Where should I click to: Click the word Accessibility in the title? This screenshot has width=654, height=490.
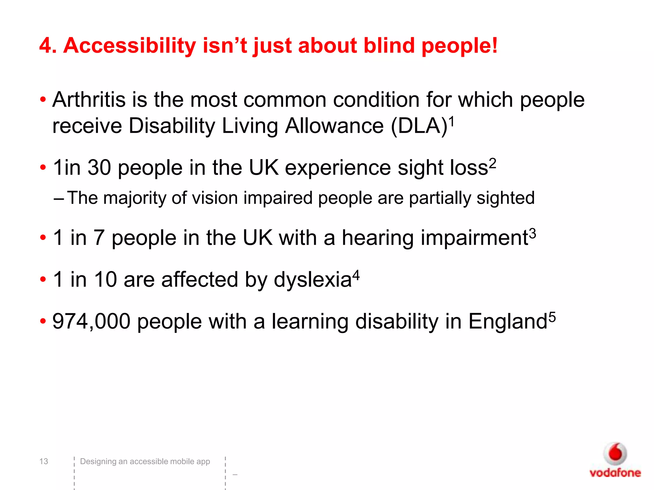tap(130, 46)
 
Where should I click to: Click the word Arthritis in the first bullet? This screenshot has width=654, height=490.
tap(89, 100)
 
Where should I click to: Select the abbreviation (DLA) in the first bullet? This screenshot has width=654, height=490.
tap(419, 126)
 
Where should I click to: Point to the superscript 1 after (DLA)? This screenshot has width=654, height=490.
tap(452, 121)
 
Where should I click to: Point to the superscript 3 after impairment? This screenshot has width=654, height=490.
tap(532, 234)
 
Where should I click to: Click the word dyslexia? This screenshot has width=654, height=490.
tap(313, 279)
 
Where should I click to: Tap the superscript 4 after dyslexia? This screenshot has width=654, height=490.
tap(356, 275)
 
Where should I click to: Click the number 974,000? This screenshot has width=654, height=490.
tap(91, 321)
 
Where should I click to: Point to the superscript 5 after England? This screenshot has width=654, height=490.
tap(552, 317)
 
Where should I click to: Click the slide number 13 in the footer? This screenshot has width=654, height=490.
tap(44, 461)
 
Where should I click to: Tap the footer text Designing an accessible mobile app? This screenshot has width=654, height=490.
tap(145, 461)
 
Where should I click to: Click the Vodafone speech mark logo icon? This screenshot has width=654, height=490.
tap(615, 453)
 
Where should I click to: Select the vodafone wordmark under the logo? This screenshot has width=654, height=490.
tap(615, 473)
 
